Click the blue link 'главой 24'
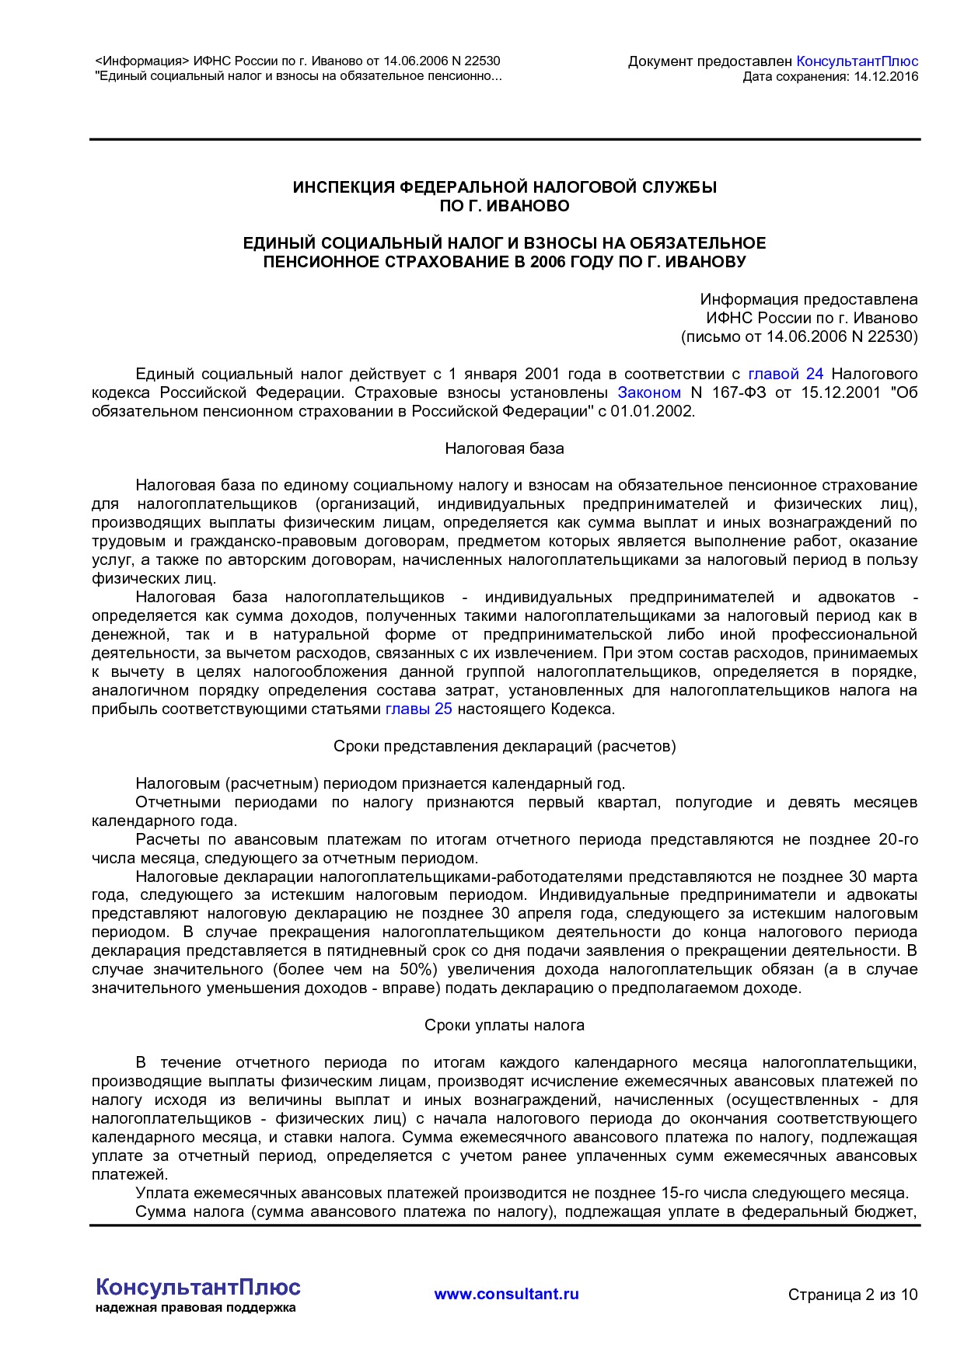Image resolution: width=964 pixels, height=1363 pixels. click(785, 374)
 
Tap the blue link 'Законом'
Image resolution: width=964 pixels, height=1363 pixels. click(649, 392)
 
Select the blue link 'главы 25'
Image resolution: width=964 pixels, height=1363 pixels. click(419, 709)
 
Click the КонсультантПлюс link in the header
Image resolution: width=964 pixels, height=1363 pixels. click(857, 61)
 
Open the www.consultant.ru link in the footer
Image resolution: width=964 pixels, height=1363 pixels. click(506, 1294)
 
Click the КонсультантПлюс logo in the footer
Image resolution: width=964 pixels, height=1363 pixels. click(198, 1287)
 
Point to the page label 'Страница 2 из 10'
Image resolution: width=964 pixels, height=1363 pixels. click(853, 1295)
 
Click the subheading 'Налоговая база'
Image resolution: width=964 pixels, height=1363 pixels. click(505, 448)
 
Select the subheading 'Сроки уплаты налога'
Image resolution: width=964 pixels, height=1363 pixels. click(505, 1025)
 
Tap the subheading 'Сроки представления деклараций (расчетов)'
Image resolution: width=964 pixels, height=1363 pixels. click(505, 746)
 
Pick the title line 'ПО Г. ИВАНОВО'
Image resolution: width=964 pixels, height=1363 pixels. click(505, 206)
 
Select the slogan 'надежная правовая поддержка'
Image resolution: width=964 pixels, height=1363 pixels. click(196, 1308)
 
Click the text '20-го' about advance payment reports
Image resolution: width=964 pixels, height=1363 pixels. click(898, 839)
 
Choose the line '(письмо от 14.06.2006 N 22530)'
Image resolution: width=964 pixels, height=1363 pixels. click(799, 336)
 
